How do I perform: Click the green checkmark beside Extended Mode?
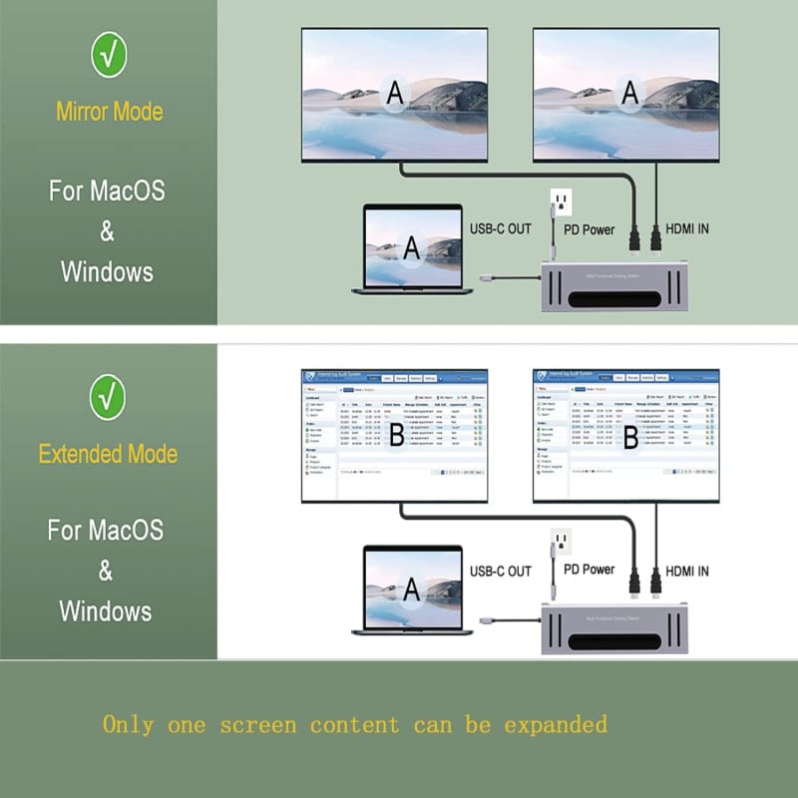click(x=108, y=397)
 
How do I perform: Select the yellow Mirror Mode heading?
click(x=109, y=112)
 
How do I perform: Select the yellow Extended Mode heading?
click(x=108, y=454)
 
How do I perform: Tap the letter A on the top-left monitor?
click(x=396, y=92)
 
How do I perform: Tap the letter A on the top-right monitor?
click(x=628, y=92)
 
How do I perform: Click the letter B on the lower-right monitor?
click(x=629, y=436)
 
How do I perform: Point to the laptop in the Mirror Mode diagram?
click(x=411, y=249)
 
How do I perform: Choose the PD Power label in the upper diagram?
click(x=589, y=229)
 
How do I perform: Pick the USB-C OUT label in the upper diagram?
click(x=501, y=229)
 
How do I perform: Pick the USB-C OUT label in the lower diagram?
click(x=501, y=572)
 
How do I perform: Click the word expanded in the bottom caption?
click(x=555, y=723)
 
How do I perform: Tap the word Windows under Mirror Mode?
click(x=107, y=271)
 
